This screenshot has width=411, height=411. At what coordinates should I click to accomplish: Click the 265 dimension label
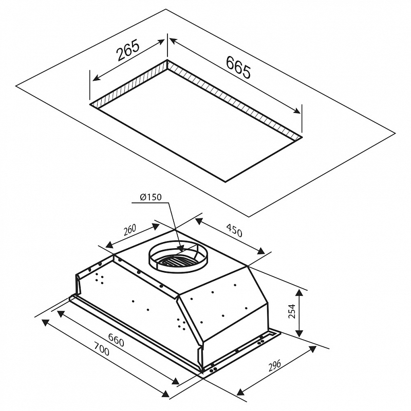pyautogui.click(x=127, y=52)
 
